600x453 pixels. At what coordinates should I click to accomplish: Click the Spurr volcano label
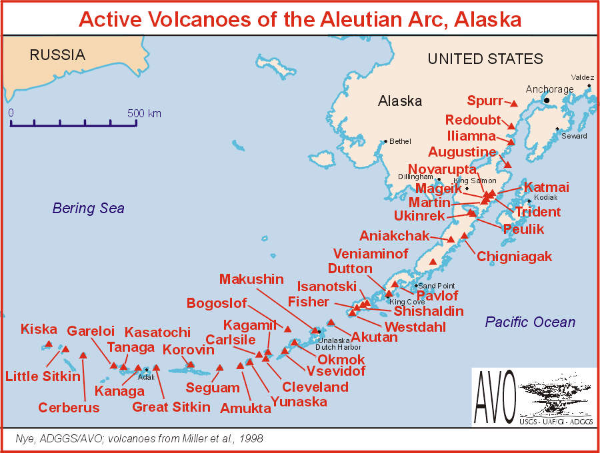coord(485,101)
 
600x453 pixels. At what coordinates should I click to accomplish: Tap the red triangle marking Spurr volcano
coord(514,104)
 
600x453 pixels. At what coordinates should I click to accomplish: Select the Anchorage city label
coord(549,89)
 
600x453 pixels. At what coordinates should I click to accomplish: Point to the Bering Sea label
coord(89,209)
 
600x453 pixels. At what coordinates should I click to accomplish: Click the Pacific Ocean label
coord(530,322)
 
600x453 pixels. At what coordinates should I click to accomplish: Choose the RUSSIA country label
coord(57,55)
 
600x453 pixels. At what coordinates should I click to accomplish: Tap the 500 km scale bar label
coord(144,113)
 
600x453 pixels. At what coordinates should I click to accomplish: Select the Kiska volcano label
coord(39,329)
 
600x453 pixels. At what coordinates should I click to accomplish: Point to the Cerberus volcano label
coord(69,408)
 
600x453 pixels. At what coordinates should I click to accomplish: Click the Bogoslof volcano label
coord(217,304)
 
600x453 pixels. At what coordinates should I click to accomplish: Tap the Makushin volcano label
coord(251,279)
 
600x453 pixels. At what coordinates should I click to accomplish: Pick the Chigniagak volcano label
coord(515,256)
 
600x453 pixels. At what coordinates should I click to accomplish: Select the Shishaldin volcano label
coord(428,311)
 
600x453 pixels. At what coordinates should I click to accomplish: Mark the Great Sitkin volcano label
coord(171,407)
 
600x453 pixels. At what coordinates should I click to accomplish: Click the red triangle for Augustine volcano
coord(507,165)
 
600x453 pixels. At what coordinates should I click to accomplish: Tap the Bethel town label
coord(400,141)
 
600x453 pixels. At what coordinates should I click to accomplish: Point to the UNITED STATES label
coord(485,59)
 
